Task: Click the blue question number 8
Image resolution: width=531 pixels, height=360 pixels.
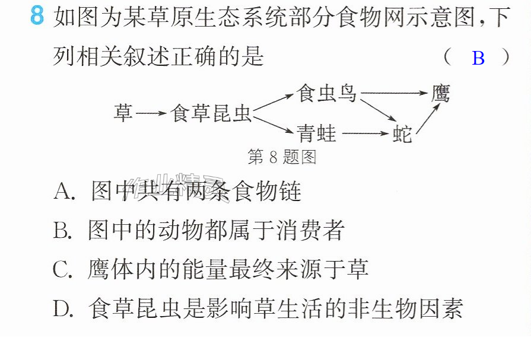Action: [37, 15]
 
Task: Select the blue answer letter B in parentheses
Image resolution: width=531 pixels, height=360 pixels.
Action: [478, 58]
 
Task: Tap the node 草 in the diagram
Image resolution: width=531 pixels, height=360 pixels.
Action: [123, 113]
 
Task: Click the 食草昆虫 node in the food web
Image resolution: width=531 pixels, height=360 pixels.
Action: [211, 113]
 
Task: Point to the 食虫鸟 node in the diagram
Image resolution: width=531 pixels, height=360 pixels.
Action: [326, 93]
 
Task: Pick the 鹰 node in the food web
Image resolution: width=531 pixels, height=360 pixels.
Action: [441, 93]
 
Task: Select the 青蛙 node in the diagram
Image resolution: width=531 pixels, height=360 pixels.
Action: [316, 133]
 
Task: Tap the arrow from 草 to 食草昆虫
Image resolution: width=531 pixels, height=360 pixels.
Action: [151, 113]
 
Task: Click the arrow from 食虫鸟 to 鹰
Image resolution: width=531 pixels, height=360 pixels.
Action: [394, 93]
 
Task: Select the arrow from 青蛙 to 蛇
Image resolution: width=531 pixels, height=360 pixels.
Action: [365, 133]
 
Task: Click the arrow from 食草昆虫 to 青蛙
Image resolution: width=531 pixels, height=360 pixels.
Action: [273, 125]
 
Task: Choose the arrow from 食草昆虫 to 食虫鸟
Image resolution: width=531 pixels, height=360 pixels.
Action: [273, 101]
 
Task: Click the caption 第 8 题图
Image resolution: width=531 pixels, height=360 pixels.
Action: [282, 157]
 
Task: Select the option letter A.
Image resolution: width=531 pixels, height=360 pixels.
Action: [63, 191]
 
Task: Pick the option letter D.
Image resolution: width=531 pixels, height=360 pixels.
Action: [63, 308]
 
